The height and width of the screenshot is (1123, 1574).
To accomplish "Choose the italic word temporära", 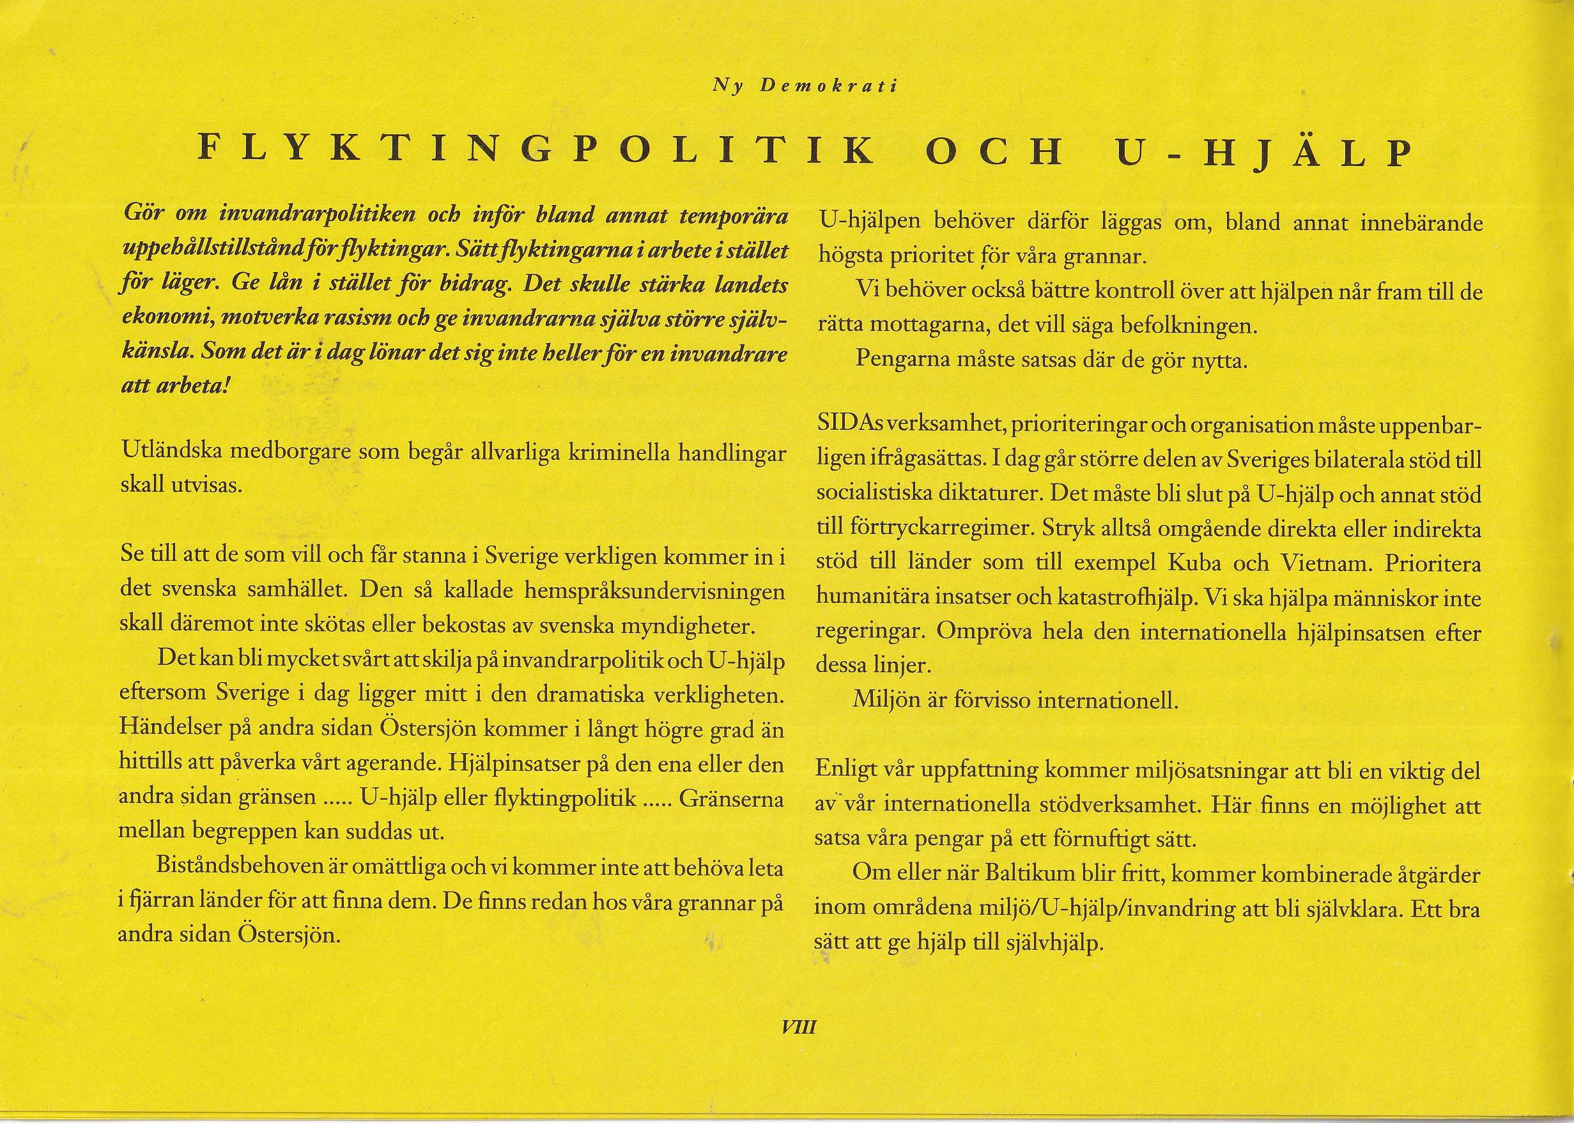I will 734,217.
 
